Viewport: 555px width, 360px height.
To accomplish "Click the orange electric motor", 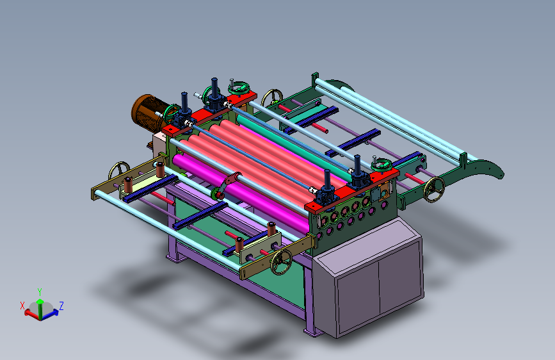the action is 148,113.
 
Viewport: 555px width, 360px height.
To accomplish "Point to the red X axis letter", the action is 22,306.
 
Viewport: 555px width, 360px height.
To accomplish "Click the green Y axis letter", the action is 40,292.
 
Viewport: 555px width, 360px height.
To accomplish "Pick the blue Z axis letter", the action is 61,306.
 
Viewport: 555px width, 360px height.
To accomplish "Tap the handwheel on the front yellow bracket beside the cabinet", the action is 282,262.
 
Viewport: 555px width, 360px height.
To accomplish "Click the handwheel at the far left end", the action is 118,171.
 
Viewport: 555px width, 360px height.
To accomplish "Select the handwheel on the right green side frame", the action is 434,190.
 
